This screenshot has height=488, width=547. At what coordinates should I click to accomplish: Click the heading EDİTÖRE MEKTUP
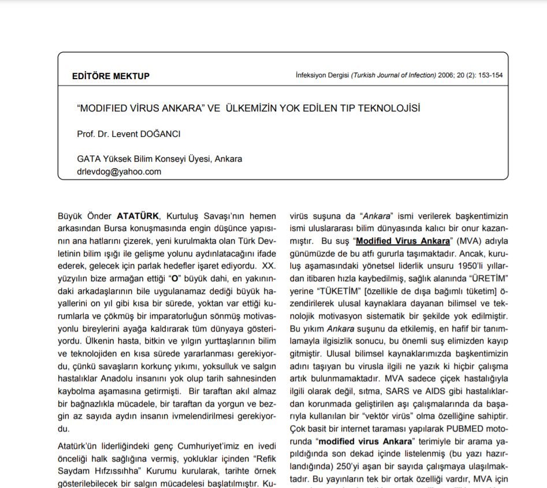pos(111,76)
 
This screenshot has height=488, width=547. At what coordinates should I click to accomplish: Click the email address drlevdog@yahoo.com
pos(119,172)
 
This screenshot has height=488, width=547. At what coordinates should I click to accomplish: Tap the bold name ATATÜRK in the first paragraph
pos(139,217)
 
